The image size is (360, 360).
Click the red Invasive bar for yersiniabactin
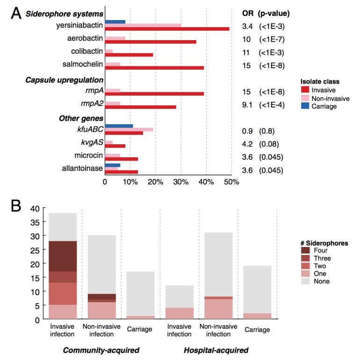point(167,29)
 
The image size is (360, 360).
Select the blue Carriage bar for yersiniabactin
point(115,21)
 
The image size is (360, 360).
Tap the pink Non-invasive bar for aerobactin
point(115,38)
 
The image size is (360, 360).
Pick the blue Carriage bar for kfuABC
point(119,126)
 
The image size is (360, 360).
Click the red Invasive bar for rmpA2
point(140,107)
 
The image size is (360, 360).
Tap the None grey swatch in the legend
point(304,281)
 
